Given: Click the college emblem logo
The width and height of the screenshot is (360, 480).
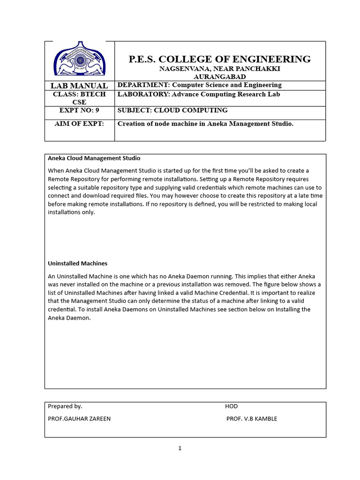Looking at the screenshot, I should click(79, 60).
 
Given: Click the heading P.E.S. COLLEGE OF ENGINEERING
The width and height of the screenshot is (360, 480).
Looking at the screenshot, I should click(219, 59).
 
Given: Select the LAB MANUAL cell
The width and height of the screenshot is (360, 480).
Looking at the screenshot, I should click(79, 85).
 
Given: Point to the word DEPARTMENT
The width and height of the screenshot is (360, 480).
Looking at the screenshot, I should click(143, 85).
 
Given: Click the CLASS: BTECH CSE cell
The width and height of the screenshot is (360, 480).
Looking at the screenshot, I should click(79, 98).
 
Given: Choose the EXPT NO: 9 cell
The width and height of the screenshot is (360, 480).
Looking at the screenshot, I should click(79, 111).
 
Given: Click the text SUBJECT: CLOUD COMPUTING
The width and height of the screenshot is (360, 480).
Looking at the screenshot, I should click(172, 110).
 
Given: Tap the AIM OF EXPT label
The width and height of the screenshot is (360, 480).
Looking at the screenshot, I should click(79, 124).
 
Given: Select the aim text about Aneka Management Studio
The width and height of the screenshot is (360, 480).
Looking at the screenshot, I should click(205, 124).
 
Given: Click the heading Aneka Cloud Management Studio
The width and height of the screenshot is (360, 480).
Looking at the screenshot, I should click(94, 158).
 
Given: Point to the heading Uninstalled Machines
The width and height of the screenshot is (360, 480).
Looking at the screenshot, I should click(78, 263).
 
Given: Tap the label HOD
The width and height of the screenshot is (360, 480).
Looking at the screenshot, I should click(231, 406).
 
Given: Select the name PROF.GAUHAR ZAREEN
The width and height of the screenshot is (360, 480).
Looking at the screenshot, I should click(79, 419).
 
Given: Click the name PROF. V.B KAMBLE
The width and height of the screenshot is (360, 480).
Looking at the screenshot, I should click(252, 419).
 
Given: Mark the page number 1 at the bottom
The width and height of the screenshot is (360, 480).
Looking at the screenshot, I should click(180, 449).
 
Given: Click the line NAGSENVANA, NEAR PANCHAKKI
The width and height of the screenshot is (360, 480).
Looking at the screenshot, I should click(219, 68).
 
